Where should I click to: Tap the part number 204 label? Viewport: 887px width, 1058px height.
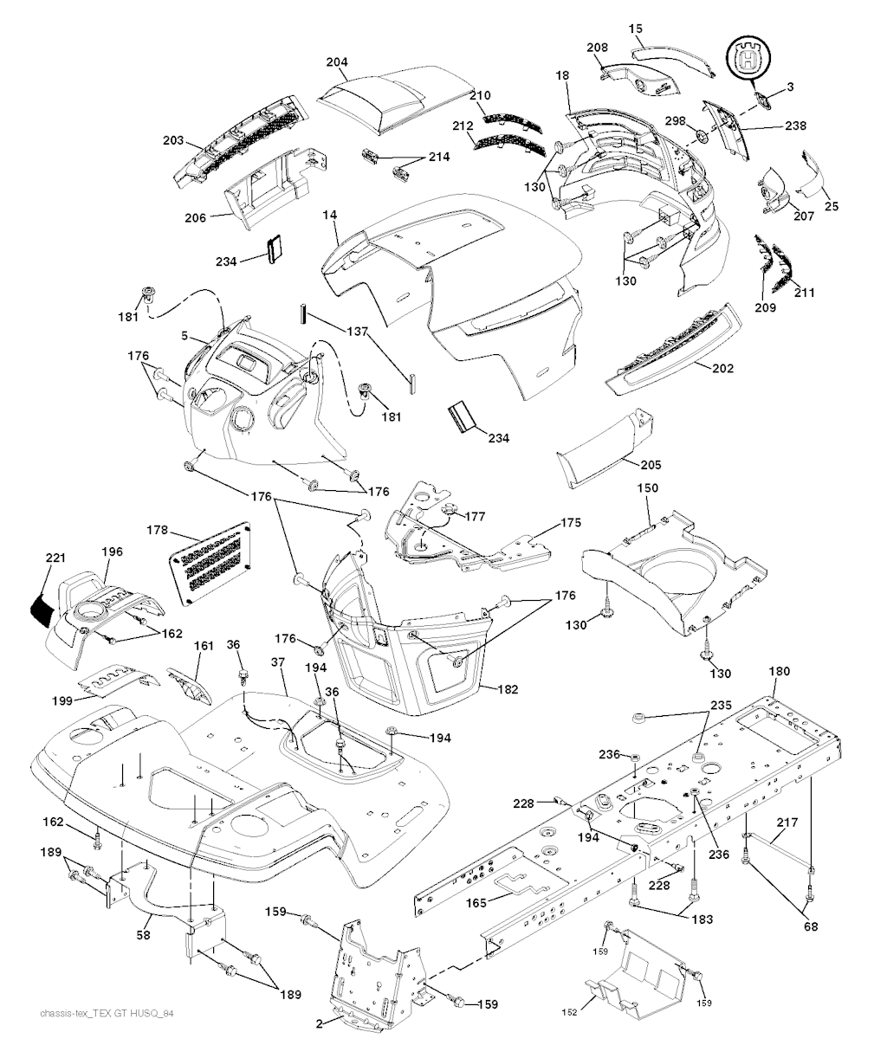pos(337,63)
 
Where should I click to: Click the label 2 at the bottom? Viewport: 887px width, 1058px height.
pos(319,1024)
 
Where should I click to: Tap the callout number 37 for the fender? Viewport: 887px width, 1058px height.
pos(277,662)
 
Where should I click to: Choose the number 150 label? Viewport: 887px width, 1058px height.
pos(648,488)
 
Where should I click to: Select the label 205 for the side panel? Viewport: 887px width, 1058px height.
pos(651,465)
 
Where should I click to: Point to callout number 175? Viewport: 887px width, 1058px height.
pos(571,523)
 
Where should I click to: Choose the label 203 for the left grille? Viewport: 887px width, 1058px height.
pos(173,139)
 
